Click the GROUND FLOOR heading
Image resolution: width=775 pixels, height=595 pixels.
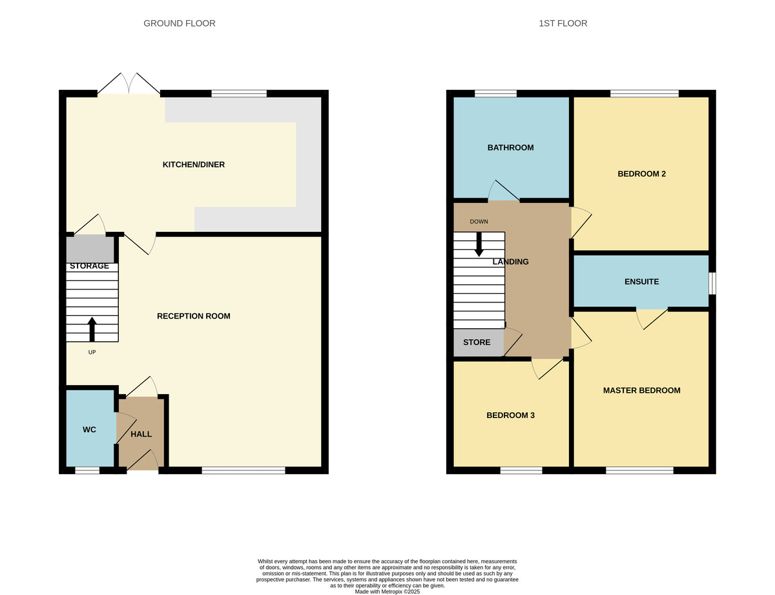point(179,23)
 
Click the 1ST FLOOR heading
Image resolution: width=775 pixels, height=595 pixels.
point(563,23)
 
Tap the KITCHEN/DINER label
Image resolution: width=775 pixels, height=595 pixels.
point(193,165)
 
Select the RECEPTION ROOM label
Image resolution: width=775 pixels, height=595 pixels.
point(193,316)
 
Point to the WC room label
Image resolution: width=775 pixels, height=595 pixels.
point(89,430)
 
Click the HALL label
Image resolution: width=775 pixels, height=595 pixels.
point(141,435)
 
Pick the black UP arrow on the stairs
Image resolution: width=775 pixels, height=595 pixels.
point(92,328)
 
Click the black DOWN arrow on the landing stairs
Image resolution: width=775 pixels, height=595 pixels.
point(479,244)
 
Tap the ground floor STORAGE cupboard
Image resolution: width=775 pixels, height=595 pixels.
point(90,249)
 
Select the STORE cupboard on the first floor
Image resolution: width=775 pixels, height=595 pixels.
point(477,342)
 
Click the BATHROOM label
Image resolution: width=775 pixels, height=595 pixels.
point(510,147)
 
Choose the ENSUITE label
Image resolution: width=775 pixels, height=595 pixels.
point(641,282)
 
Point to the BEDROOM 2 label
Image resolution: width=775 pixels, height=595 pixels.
point(641,174)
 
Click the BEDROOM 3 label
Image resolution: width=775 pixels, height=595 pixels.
point(510,415)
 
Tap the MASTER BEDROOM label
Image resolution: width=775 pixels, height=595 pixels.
point(641,390)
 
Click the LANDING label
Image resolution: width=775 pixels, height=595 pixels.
point(510,262)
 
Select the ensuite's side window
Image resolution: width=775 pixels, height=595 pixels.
point(712,283)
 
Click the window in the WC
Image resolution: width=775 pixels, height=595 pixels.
point(87,470)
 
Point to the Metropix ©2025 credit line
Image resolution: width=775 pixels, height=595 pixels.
point(387,591)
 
